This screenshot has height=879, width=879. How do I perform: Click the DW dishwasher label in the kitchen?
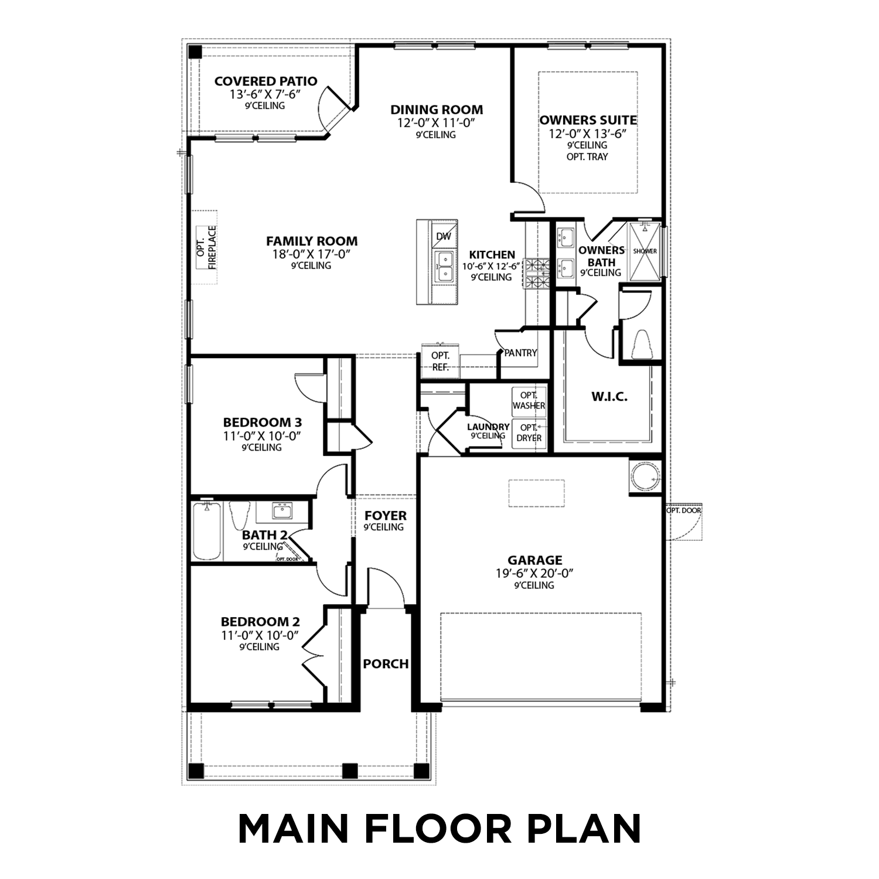click(444, 236)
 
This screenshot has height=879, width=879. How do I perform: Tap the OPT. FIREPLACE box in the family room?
click(206, 247)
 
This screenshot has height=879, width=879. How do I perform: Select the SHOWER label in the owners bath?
click(645, 251)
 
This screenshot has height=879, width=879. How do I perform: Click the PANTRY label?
click(520, 353)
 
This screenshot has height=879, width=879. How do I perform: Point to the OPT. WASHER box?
click(529, 400)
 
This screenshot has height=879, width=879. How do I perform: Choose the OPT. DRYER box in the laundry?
click(529, 433)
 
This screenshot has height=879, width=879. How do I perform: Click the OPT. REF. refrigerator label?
click(440, 362)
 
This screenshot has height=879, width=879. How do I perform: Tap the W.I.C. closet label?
click(609, 397)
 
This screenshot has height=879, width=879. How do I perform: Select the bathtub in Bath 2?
click(207, 531)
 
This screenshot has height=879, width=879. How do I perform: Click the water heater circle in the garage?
click(646, 477)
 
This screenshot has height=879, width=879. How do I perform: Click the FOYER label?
click(385, 516)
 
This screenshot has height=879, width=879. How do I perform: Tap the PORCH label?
click(386, 664)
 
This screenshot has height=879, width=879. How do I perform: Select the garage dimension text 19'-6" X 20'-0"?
click(534, 574)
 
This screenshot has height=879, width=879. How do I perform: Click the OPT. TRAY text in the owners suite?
click(587, 157)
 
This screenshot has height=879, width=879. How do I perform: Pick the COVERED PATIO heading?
click(265, 81)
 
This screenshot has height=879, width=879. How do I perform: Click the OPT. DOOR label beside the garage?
click(683, 510)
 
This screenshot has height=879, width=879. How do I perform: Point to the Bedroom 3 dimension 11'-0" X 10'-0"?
click(262, 436)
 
